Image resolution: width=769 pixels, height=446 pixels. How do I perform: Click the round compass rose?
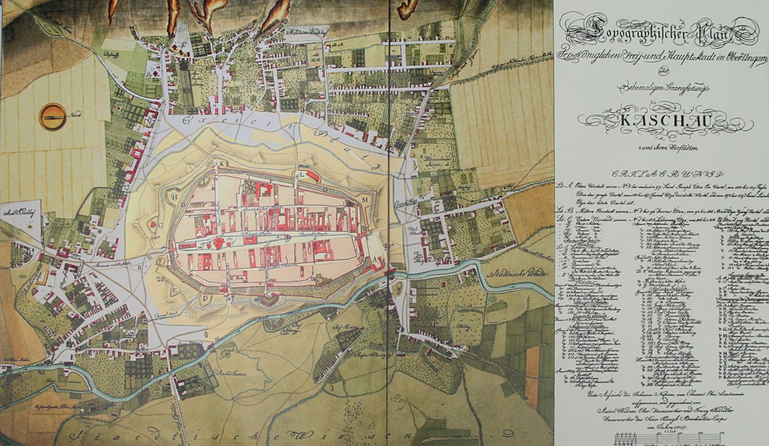[52, 116]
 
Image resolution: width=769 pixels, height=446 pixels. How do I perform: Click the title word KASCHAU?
[661, 122]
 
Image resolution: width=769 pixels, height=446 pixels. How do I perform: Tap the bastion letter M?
[364, 198]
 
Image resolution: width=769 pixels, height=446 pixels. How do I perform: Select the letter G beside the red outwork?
[159, 225]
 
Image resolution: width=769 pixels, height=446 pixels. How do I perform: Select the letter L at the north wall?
[297, 176]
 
